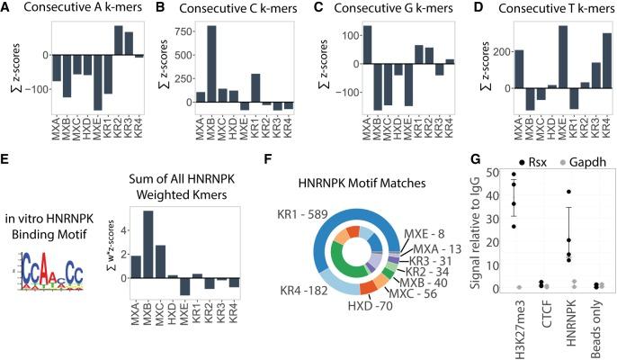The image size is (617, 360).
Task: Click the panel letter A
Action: (9, 8)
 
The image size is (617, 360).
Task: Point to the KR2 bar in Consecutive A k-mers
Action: (119, 40)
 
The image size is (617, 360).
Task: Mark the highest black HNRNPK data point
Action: (570, 192)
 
